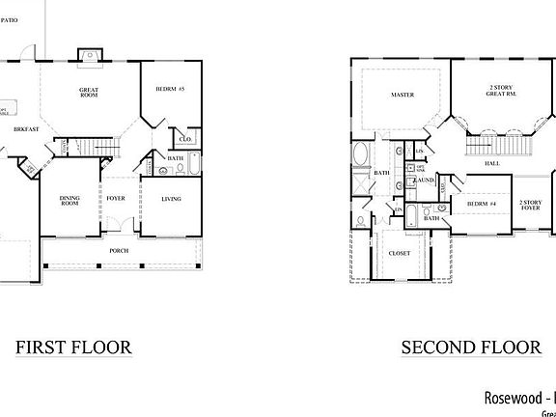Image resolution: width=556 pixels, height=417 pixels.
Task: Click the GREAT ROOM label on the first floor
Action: pos(91,93)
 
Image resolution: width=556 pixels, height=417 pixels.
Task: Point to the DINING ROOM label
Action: pos(69,201)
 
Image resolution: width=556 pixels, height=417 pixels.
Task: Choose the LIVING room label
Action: pos(170,199)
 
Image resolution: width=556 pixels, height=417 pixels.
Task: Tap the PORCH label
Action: pos(119,251)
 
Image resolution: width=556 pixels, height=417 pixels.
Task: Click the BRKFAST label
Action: pos(25,128)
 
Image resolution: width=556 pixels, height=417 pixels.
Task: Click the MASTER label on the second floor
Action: pos(403,96)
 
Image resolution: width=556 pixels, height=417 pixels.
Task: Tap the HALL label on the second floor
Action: pos(491,164)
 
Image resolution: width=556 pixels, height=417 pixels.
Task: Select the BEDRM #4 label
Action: pos(482,205)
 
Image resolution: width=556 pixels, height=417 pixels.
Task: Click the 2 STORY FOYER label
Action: pos(530,206)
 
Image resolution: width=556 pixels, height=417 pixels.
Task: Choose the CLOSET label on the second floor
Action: pos(400,254)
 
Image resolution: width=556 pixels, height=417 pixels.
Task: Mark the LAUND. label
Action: pos(424,181)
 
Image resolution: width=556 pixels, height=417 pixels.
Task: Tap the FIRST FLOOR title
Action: pos(73,347)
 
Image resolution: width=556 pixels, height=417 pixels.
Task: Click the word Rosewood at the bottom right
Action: pos(509,397)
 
